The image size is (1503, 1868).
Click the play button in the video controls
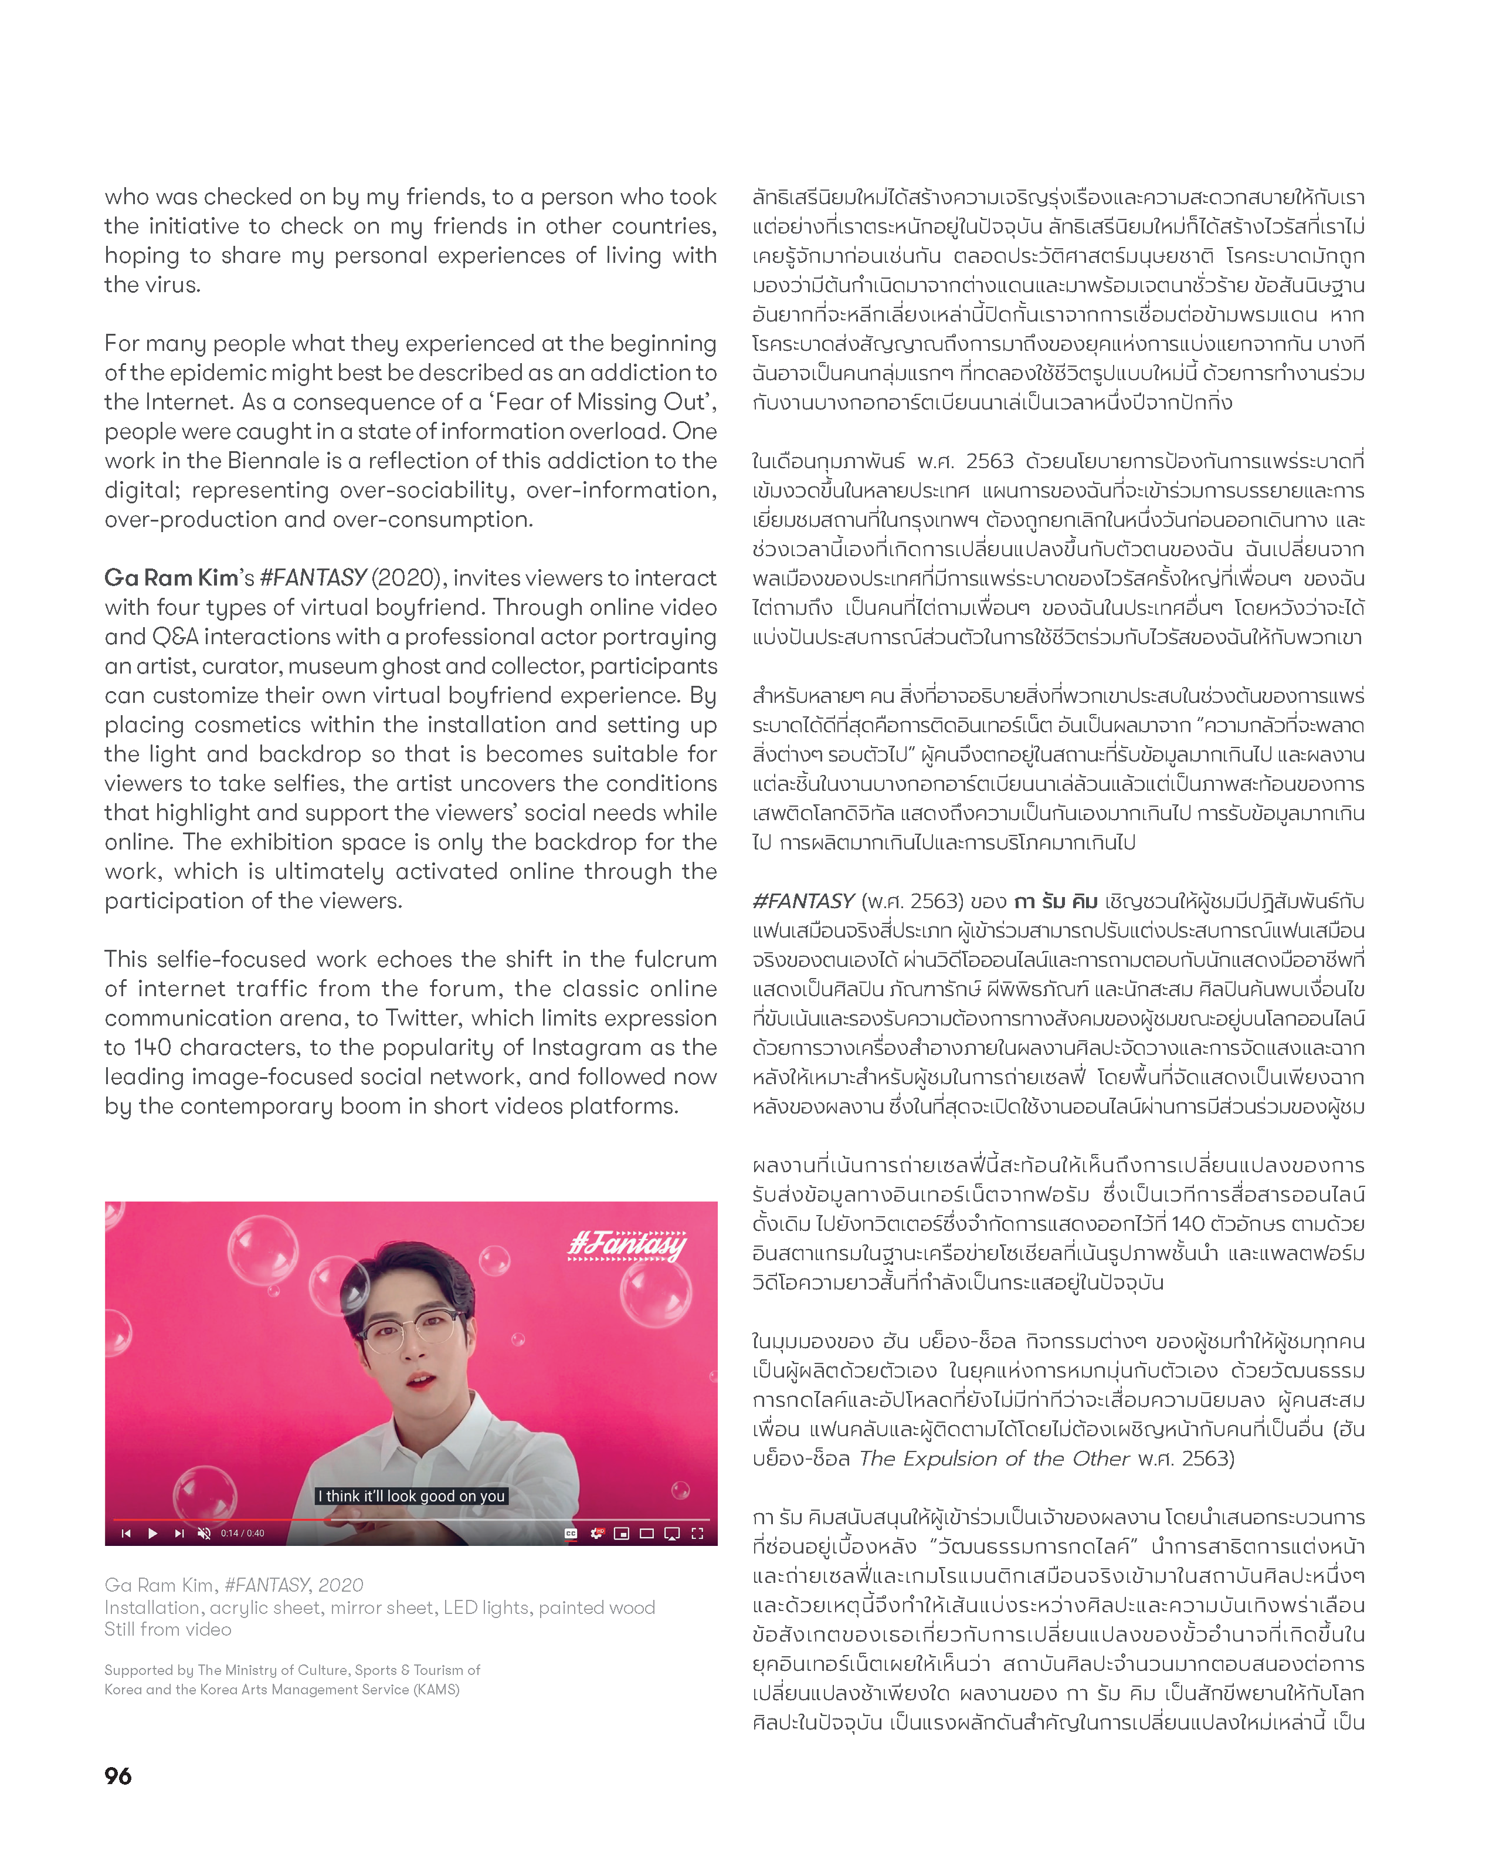[x=152, y=1534]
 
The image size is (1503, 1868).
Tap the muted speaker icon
[x=205, y=1534]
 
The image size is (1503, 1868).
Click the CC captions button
[x=571, y=1534]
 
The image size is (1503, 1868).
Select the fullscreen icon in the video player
[x=697, y=1534]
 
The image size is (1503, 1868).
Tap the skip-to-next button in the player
[x=179, y=1534]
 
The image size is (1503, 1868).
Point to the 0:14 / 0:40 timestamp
[x=243, y=1534]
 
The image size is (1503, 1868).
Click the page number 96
[x=118, y=1776]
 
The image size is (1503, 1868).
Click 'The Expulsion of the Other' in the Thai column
[x=995, y=1459]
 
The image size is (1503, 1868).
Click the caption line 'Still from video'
[x=168, y=1630]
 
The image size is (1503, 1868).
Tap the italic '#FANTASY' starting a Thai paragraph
[x=803, y=901]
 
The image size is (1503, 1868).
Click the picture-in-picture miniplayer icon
[x=621, y=1534]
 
